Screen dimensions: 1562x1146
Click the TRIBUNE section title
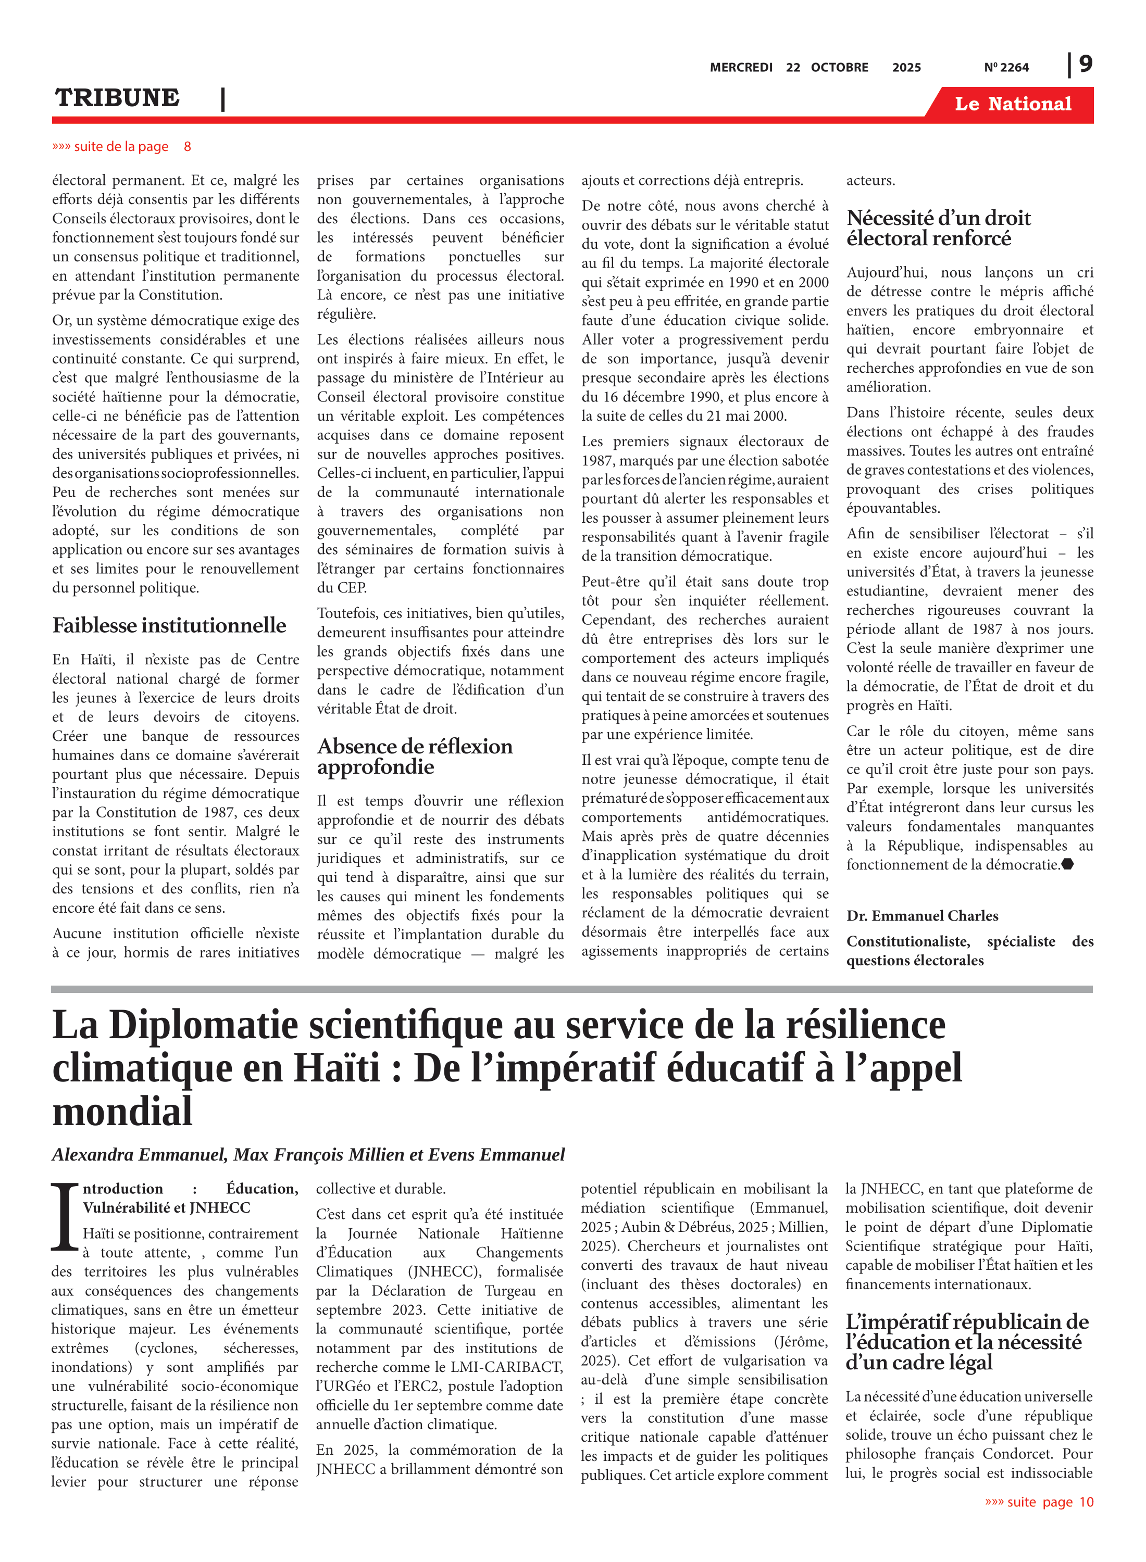pos(117,98)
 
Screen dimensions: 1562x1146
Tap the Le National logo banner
pos(1012,104)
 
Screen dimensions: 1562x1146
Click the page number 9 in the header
pos(1085,65)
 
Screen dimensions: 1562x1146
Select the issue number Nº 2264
pos(1006,67)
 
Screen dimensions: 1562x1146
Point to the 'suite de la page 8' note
pos(121,146)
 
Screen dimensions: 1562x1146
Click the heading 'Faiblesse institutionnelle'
pos(169,625)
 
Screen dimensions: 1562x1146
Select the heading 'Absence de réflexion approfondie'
pos(414,757)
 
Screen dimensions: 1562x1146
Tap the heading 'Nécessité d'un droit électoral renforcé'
pos(938,228)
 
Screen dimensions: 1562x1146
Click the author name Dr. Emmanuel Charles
pos(922,916)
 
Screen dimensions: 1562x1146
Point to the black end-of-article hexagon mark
pos(1068,864)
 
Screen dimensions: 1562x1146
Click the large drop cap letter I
pos(65,1217)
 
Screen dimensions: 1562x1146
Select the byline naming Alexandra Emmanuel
pos(308,1154)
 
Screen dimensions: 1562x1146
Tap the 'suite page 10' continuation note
pos(1039,1502)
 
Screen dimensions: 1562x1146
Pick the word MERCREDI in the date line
pos(740,67)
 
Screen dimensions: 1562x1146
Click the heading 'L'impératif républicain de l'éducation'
pos(966,1342)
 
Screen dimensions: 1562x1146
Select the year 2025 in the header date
pos(906,67)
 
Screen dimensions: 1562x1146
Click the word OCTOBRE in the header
pos(839,67)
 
